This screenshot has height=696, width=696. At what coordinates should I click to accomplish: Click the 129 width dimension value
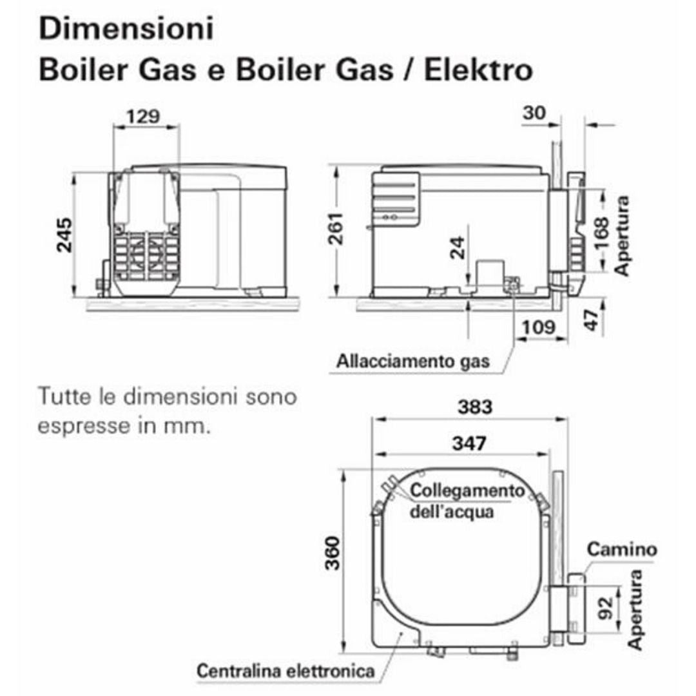tap(143, 117)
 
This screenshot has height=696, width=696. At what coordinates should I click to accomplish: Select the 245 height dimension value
tap(65, 235)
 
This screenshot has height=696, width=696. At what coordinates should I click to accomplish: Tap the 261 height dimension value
tap(336, 229)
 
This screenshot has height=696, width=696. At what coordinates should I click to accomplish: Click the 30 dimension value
tap(534, 113)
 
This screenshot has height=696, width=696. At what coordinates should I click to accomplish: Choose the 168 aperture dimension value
tap(601, 233)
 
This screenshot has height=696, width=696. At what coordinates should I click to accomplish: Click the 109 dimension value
tap(539, 327)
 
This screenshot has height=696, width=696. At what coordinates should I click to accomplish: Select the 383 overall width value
tap(475, 407)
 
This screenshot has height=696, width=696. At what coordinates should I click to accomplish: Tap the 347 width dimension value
tap(470, 443)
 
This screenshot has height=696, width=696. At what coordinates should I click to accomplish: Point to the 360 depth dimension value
tap(333, 553)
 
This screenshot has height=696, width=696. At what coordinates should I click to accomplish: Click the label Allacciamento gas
tap(413, 362)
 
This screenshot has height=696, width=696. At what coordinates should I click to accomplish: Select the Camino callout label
tap(621, 550)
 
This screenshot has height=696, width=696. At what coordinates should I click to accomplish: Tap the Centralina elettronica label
tap(286, 671)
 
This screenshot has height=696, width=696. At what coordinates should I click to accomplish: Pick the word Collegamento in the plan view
tap(467, 491)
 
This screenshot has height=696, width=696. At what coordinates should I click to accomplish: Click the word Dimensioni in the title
tap(126, 28)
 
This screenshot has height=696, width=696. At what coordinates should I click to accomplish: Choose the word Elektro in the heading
tap(478, 70)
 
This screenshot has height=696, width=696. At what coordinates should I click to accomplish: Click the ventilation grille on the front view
tap(146, 256)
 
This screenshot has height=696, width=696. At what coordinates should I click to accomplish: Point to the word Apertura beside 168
tap(622, 236)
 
